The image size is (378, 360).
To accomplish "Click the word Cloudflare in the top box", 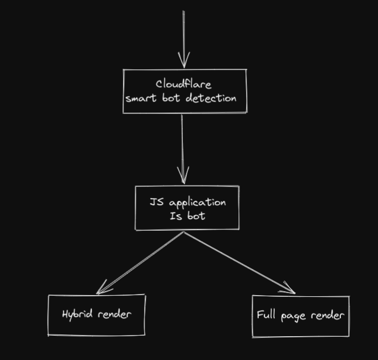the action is pyautogui.click(x=183, y=84).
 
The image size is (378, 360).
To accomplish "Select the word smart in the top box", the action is pyautogui.click(x=136, y=99).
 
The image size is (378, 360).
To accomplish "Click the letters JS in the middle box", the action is pyautogui.click(x=156, y=202).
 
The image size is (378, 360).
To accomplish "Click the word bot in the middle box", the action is pyautogui.click(x=196, y=216).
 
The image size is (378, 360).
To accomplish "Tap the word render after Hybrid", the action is pyautogui.click(x=114, y=315).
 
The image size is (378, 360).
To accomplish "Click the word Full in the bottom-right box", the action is pyautogui.click(x=267, y=316).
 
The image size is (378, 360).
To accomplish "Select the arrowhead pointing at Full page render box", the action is pyautogui.click(x=289, y=290).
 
